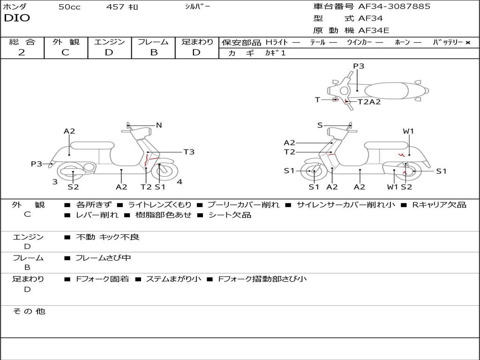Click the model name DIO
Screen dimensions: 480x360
coord(17,18)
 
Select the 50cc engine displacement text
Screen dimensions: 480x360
coord(69,7)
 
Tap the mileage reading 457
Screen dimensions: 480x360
coord(115,7)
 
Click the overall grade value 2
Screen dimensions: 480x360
coord(22,52)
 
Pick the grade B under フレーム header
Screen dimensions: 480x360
coord(154,52)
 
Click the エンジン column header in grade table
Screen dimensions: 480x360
coord(109,42)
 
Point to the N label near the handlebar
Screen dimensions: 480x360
coord(159,125)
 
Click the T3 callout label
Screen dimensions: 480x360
coord(188,152)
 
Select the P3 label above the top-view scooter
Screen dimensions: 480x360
coord(359,66)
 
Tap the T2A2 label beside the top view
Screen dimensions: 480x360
coord(369,102)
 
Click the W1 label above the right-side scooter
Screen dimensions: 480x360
coord(408,131)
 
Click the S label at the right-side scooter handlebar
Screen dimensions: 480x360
coord(320,125)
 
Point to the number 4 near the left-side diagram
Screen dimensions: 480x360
coord(180,182)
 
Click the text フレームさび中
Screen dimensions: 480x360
coord(103,258)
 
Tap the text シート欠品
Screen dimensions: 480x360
coord(229,215)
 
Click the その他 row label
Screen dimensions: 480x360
coord(29,311)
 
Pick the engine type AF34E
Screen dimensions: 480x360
coord(374,31)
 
